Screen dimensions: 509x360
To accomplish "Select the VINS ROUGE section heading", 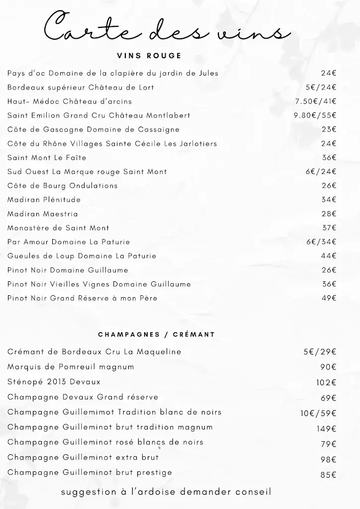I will (x=149, y=56).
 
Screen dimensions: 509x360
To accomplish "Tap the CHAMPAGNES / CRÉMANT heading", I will (x=157, y=335).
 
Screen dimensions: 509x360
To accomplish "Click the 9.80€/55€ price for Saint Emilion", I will (x=315, y=115).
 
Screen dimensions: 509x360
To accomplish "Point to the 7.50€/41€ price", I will (x=316, y=101).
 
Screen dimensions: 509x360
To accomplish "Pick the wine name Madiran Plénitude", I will (x=44, y=200).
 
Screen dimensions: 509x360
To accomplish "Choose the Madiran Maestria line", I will (x=43, y=214).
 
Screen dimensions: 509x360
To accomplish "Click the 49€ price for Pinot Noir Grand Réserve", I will (x=329, y=298).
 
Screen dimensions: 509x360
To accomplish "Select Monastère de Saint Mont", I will (x=58, y=228).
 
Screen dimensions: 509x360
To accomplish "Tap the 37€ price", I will (x=329, y=228).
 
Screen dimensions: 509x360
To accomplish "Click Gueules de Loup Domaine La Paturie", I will (x=82, y=256).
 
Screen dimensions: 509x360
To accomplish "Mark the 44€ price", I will (x=329, y=256).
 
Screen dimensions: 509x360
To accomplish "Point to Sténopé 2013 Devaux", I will (x=54, y=382).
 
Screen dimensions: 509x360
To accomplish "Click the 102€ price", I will (x=326, y=383).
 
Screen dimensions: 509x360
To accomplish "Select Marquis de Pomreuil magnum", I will (x=71, y=367).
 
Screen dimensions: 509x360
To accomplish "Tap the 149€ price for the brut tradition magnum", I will (x=327, y=429).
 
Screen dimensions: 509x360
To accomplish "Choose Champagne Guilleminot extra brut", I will (x=83, y=457).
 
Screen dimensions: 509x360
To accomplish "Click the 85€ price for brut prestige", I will (x=328, y=475).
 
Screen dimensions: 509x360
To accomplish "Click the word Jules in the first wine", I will (x=209, y=73).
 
